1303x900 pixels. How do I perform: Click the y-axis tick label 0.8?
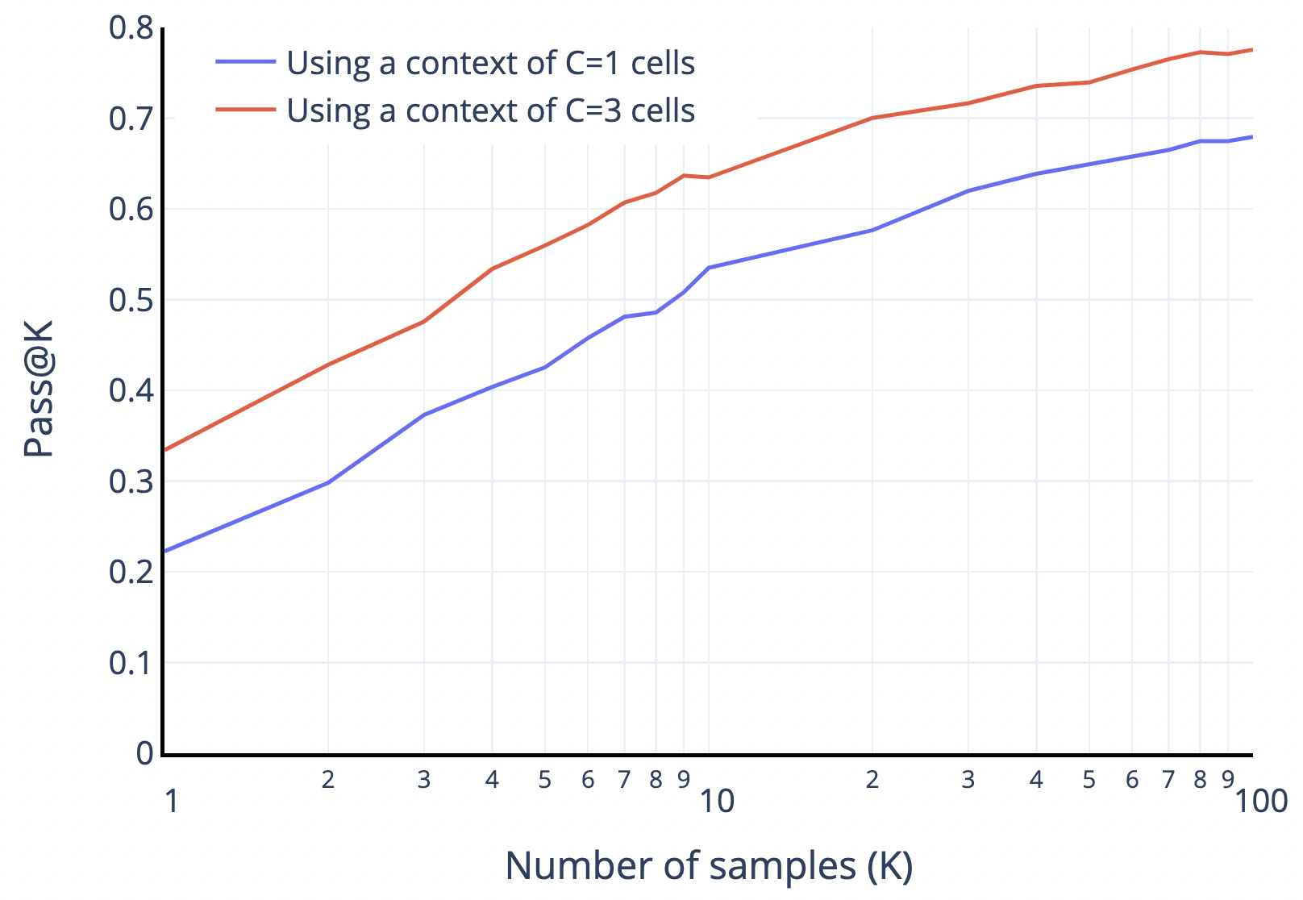[131, 28]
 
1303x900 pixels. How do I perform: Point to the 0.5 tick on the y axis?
[131, 300]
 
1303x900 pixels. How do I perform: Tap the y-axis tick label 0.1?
[131, 663]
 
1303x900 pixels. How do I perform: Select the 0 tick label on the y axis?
[145, 753]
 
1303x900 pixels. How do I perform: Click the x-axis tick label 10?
[717, 801]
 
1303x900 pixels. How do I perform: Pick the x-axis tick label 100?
[1261, 801]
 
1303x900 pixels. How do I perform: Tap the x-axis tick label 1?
[171, 801]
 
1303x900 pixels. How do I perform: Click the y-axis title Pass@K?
[39, 388]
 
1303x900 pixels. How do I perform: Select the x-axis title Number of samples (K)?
[709, 865]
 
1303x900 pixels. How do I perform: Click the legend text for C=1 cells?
[490, 63]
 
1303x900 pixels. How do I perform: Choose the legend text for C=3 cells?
[490, 110]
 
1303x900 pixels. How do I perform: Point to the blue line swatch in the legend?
[245, 61]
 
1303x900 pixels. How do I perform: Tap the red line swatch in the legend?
[245, 110]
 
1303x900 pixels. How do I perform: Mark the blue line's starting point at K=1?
[165, 551]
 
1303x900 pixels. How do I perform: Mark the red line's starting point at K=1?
[165, 450]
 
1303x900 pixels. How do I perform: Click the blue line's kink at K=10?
[709, 268]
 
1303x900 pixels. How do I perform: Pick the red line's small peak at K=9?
[684, 175]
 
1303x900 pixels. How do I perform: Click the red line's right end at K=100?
[1251, 50]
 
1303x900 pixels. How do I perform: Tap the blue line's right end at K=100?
[1251, 137]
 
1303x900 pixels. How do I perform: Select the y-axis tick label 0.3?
[131, 481]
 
